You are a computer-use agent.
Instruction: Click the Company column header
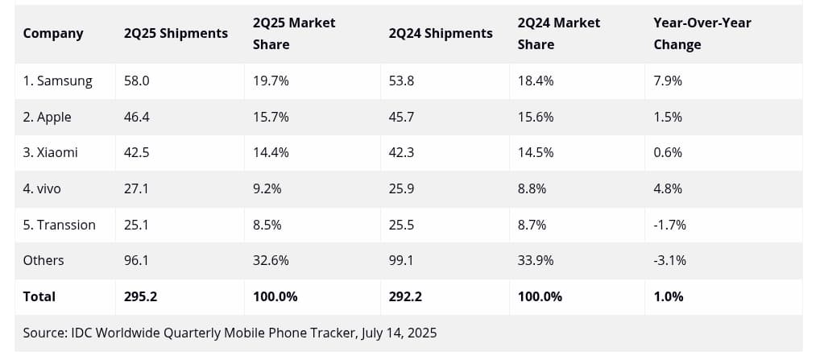coord(53,33)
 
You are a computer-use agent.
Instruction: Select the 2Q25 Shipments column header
coord(176,33)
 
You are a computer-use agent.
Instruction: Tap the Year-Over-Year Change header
coord(702,33)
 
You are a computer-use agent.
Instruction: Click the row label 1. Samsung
coord(57,81)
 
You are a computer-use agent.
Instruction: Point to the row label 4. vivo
coord(42,188)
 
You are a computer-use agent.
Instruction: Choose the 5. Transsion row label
coord(59,225)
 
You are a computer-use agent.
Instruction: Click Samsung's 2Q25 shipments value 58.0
coord(137,81)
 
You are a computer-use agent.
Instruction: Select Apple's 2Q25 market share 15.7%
coord(271,117)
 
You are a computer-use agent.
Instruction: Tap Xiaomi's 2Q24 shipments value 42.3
coord(401,152)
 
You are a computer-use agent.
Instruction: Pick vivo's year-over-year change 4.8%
coord(668,188)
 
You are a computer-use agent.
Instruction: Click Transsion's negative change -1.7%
coord(669,225)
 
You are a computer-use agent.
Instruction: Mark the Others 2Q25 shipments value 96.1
coord(137,260)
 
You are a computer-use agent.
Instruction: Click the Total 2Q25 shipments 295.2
coord(140,296)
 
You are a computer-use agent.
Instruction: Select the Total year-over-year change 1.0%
coord(669,296)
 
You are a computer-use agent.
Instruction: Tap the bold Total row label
coord(39,296)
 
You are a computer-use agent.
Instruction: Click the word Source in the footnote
coord(45,332)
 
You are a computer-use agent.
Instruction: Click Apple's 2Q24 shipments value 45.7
coord(401,117)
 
